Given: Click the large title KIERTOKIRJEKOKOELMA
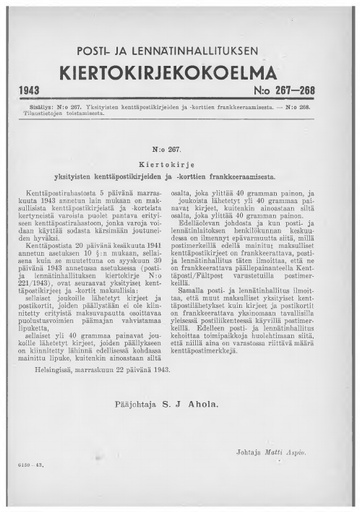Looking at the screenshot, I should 180,74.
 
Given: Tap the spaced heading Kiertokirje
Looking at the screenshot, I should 180,159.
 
